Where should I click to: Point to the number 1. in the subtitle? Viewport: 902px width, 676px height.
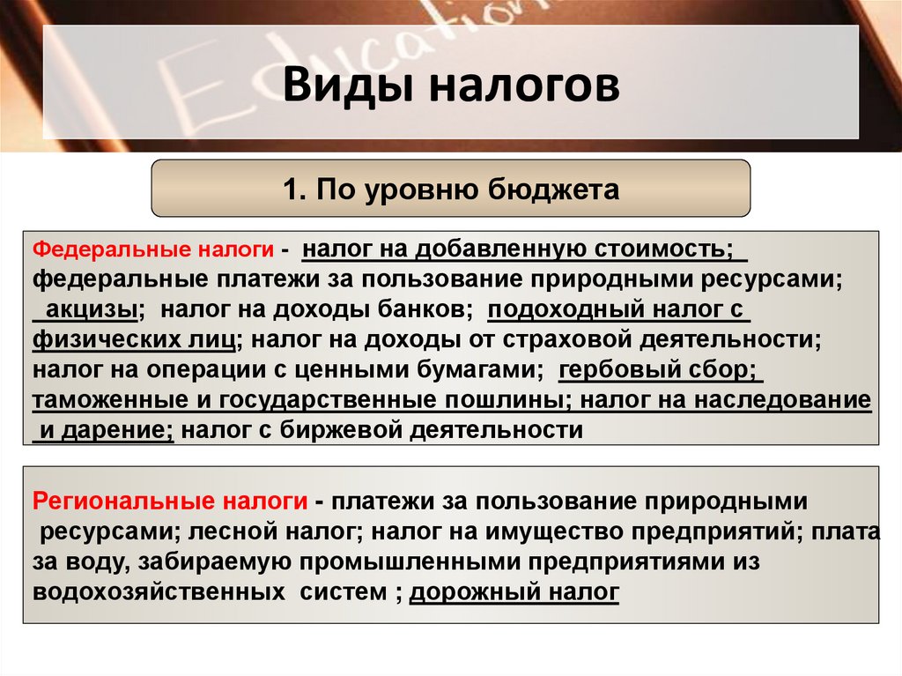pos(292,189)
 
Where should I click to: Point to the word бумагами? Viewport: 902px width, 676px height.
pos(485,370)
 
